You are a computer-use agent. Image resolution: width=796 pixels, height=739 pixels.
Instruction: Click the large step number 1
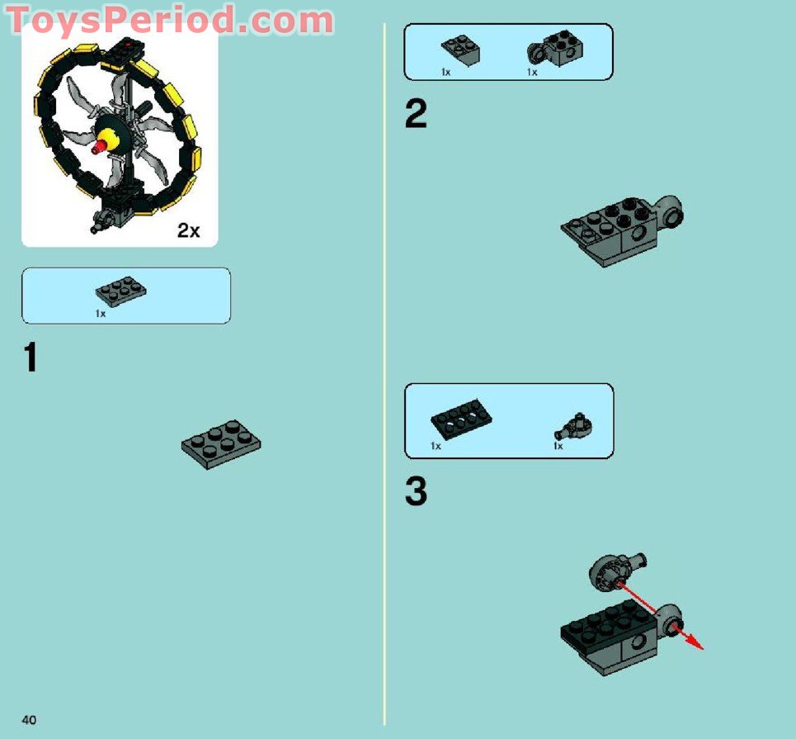[31, 358]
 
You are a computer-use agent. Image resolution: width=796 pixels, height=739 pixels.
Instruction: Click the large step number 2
[416, 114]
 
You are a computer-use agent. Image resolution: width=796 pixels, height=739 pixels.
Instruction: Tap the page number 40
[30, 720]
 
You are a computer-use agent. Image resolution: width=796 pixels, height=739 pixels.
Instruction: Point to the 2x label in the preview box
[188, 230]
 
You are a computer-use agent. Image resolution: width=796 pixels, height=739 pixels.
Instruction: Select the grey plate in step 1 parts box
[121, 291]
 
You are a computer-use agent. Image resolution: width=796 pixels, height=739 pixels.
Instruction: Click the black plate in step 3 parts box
[461, 421]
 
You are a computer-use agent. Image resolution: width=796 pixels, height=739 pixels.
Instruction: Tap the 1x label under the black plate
[436, 447]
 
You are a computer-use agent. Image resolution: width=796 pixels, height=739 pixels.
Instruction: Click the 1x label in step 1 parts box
[101, 314]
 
